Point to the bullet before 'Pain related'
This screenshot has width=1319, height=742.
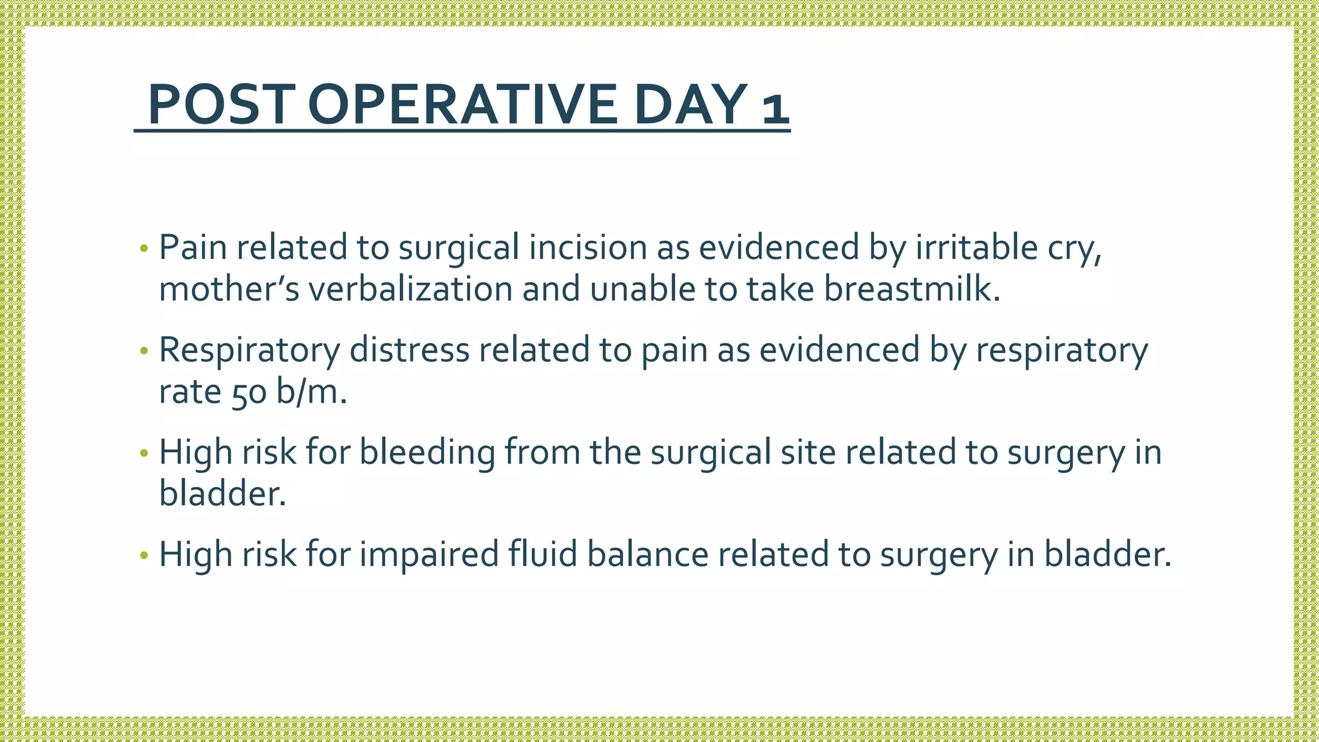(x=144, y=249)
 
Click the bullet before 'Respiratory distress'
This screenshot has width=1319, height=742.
(x=144, y=351)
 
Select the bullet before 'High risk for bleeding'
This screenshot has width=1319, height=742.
(x=144, y=453)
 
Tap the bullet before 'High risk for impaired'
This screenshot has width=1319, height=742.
(x=144, y=555)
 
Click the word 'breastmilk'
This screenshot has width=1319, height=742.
(x=912, y=289)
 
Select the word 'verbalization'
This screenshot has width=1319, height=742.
(x=410, y=289)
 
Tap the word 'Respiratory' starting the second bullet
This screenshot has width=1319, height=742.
(x=249, y=350)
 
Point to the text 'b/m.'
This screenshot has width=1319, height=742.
(x=312, y=391)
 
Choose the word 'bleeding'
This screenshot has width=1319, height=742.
(x=427, y=452)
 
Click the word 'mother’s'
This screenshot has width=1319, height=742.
(x=229, y=289)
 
